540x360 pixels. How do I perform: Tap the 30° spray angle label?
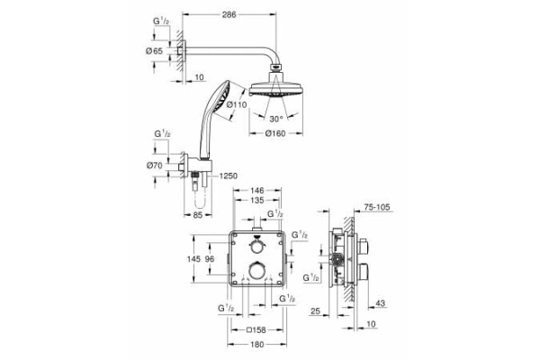point(277,118)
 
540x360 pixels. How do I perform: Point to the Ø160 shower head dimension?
point(276,134)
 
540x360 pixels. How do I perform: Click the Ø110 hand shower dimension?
point(237,105)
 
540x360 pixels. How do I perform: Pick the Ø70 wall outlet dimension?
point(156,166)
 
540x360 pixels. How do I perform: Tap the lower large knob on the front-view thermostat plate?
point(258,271)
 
